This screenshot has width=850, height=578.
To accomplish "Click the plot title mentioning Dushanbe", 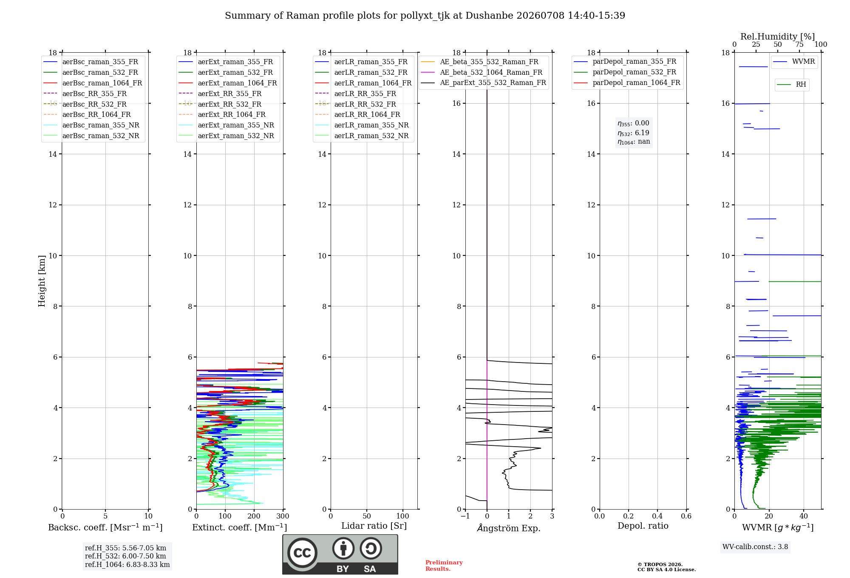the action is click(x=425, y=16).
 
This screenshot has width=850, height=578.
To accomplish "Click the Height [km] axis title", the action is click(x=42, y=281).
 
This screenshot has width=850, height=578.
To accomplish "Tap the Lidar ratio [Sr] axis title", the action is click(x=374, y=526).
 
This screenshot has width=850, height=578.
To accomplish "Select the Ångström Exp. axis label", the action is click(x=509, y=528).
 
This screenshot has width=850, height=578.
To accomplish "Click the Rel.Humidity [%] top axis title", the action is click(x=778, y=37).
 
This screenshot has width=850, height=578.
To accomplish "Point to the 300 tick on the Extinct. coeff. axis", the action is click(x=283, y=516).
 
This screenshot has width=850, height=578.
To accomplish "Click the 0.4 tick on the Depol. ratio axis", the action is click(x=657, y=516).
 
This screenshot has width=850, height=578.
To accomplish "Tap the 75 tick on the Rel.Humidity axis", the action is click(x=799, y=45).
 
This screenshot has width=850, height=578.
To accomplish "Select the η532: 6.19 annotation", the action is click(x=633, y=133).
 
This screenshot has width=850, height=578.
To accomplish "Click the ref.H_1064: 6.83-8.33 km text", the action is click(x=127, y=564).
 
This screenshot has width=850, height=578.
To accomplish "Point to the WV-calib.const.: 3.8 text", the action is click(x=755, y=547).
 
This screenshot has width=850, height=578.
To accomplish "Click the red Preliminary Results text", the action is click(x=444, y=566).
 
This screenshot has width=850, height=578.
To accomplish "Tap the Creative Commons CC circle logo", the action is click(x=302, y=553).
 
